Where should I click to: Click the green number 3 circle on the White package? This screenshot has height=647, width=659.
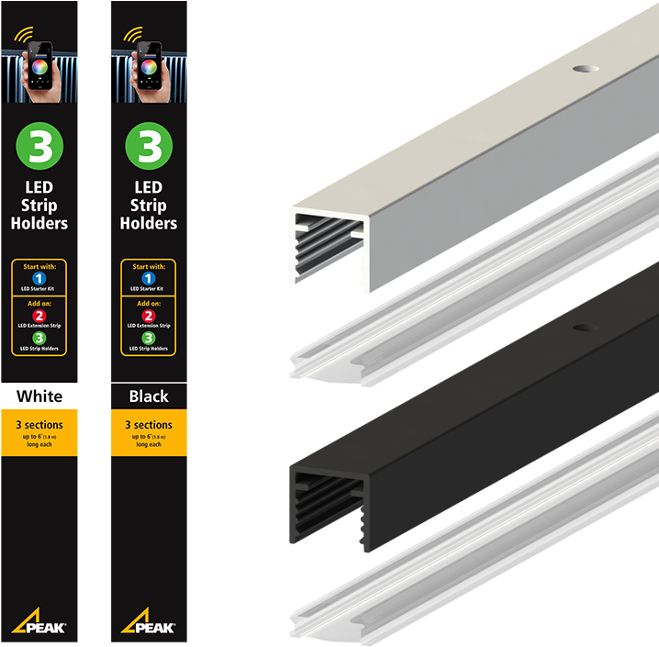(x=39, y=147)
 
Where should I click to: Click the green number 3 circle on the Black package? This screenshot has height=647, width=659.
(x=149, y=147)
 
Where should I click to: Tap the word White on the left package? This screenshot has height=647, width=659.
(x=39, y=396)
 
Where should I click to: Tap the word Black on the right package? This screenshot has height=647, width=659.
(x=149, y=396)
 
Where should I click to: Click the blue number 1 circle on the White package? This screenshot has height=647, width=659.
(x=39, y=277)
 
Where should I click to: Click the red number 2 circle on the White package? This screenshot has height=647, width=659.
(x=39, y=315)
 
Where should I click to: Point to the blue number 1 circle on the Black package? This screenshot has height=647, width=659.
(x=149, y=277)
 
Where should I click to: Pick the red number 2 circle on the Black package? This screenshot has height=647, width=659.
(x=149, y=315)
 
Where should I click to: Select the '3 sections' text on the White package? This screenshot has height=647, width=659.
(x=39, y=425)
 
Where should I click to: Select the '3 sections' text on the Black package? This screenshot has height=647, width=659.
(x=149, y=425)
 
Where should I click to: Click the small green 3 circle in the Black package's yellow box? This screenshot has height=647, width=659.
(x=149, y=338)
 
